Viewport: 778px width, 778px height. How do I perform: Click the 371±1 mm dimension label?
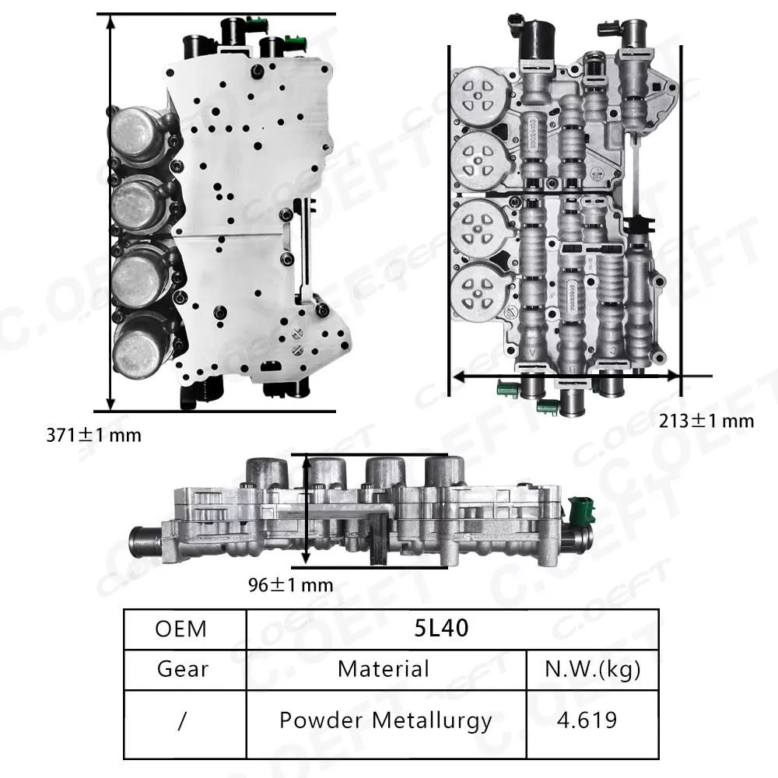click(x=93, y=435)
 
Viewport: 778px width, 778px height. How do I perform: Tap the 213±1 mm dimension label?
click(x=706, y=421)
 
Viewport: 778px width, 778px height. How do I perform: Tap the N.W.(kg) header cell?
click(x=593, y=669)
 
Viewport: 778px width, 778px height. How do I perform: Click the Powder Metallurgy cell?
click(x=385, y=720)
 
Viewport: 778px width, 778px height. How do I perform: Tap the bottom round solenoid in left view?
click(x=140, y=346)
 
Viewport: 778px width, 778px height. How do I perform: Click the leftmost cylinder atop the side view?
click(x=267, y=473)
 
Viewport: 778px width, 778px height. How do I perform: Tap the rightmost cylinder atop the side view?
click(x=444, y=473)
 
